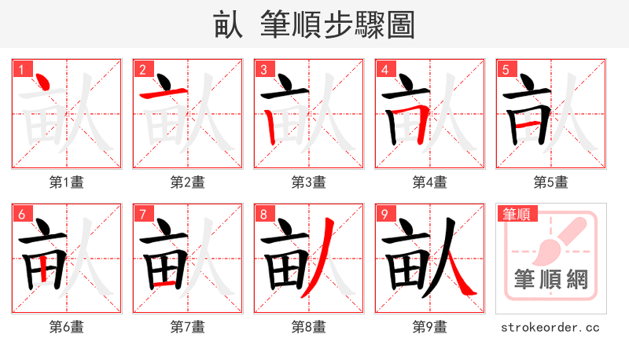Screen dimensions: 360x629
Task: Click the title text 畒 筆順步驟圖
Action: (314, 24)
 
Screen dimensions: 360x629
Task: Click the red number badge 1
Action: (20, 69)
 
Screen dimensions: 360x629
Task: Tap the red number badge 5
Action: (505, 69)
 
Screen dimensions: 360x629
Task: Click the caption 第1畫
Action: (67, 182)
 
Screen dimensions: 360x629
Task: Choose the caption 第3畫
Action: (309, 182)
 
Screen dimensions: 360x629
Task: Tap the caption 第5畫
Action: (551, 182)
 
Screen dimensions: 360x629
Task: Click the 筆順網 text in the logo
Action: (551, 280)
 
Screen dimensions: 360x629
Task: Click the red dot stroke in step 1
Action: (45, 81)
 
